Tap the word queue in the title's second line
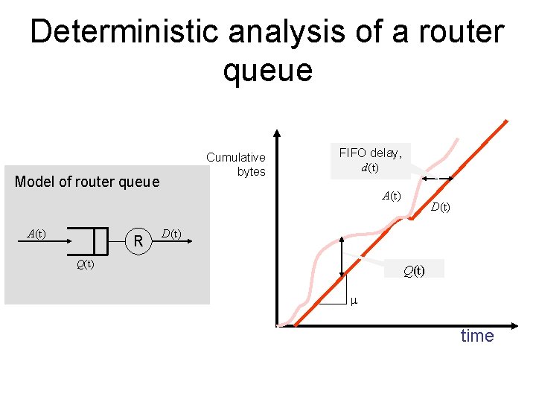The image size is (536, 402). pos(267,71)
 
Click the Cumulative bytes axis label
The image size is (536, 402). pos(236,164)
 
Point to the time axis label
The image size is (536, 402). pos(476,336)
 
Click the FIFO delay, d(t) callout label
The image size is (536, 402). pos(370,160)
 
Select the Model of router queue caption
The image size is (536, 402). pos(87,182)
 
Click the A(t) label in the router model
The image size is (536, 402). pos(36,234)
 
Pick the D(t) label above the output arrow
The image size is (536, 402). pos(170,234)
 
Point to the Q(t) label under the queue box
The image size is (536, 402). pos(84,264)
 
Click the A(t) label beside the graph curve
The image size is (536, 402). pos(391,197)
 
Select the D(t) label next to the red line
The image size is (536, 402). pos(440,207)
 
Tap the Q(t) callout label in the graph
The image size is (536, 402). pos(414,270)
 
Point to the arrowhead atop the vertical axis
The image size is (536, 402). pos(277,136)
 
